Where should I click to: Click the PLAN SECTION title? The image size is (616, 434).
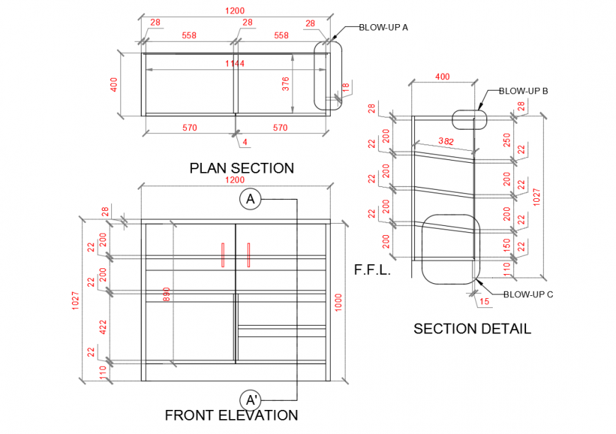(241, 169)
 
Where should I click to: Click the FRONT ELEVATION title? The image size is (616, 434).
(231, 416)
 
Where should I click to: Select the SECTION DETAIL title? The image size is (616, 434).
(472, 329)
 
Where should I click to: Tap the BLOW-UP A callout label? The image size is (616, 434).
(383, 28)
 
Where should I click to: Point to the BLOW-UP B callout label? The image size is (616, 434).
(523, 91)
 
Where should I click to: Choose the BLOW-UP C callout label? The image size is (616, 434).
(527, 295)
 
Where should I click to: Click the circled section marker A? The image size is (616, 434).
(250, 200)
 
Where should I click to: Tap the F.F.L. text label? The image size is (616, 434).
(372, 270)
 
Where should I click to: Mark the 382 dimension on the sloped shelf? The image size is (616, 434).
(446, 142)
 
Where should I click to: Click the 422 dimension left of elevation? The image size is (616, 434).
(102, 326)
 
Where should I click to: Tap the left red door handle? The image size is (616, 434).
(222, 255)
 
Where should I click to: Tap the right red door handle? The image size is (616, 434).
(249, 255)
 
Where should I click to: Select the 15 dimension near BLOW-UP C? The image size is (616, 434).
(484, 302)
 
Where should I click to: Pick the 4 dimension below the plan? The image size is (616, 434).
(244, 142)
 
